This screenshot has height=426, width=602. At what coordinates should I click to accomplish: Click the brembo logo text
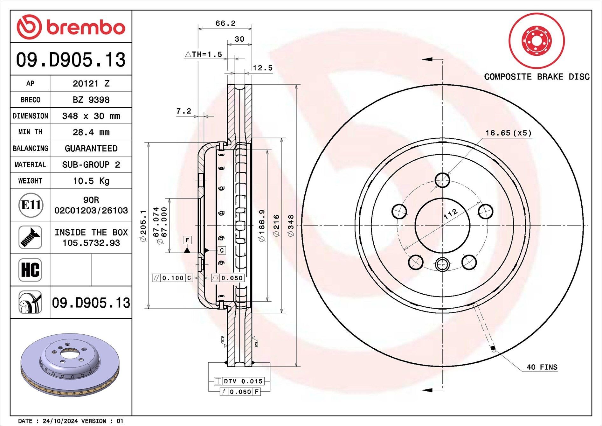pyautogui.click(x=86, y=28)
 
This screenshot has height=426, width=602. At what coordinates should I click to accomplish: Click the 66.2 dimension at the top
pyautogui.click(x=225, y=24)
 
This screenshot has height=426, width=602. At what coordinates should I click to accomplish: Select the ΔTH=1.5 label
pyautogui.click(x=204, y=54)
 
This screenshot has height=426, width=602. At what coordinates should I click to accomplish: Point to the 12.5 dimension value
pyautogui.click(x=262, y=68)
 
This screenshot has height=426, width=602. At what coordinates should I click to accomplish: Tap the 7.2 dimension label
pyautogui.click(x=183, y=111)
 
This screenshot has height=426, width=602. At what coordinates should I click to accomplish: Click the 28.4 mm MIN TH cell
pyautogui.click(x=91, y=132)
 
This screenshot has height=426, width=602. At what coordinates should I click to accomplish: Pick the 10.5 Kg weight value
pyautogui.click(x=91, y=181)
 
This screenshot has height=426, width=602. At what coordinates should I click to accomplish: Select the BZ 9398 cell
pyautogui.click(x=91, y=100)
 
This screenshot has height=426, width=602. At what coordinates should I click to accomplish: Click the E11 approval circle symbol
pyautogui.click(x=31, y=205)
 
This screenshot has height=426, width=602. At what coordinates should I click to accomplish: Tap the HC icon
pyautogui.click(x=30, y=270)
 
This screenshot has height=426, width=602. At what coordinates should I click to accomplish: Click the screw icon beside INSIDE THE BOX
pyautogui.click(x=30, y=237)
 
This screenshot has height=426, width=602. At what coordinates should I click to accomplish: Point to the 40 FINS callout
pyautogui.click(x=542, y=367)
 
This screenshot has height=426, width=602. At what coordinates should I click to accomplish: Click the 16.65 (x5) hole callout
pyautogui.click(x=508, y=133)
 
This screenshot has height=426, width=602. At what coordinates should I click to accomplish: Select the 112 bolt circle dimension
pyautogui.click(x=450, y=213)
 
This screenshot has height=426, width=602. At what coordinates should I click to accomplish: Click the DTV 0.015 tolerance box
pyautogui.click(x=239, y=381)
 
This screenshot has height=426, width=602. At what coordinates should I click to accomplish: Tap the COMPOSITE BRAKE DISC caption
pyautogui.click(x=536, y=77)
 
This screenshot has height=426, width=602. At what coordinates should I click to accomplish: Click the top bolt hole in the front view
pyautogui.click(x=442, y=180)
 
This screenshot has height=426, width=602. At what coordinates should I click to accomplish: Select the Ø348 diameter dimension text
pyautogui.click(x=291, y=225)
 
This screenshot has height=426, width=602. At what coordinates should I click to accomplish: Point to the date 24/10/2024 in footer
pyautogui.click(x=60, y=421)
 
